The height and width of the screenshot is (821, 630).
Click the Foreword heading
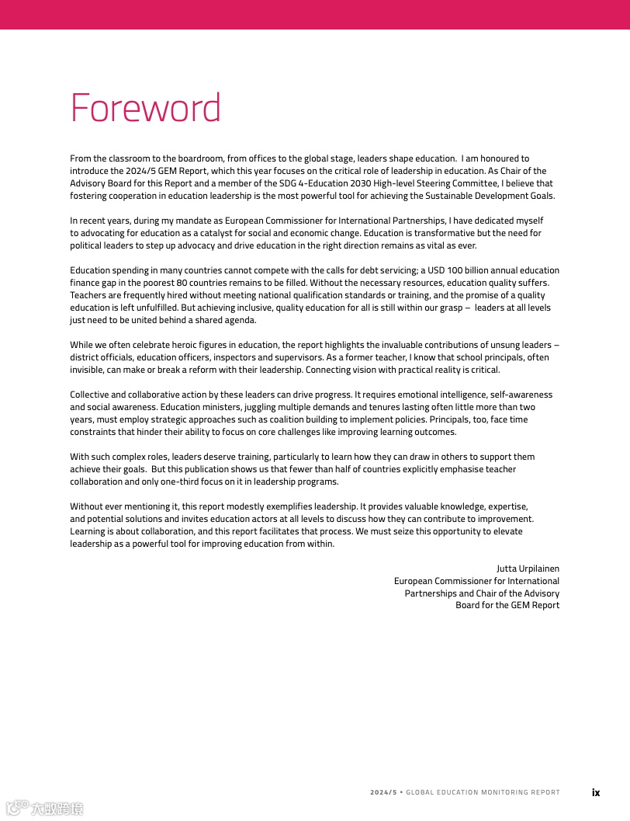[145, 108]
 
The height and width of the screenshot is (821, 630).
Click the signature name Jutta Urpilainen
[528, 569]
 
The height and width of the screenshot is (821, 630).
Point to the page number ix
[596, 792]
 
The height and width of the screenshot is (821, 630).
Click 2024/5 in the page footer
[383, 792]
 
